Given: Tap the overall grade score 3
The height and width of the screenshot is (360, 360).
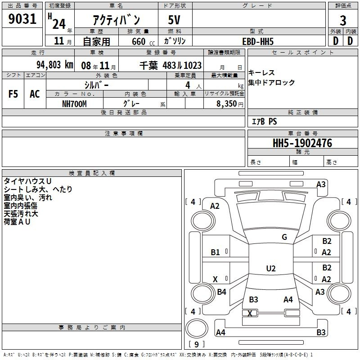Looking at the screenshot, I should click(343, 20).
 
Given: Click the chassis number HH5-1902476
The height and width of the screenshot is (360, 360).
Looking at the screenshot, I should click(302, 144).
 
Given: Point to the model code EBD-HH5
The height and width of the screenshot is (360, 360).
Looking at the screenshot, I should click(258, 41).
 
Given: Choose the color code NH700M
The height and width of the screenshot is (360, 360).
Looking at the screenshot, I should click(74, 103).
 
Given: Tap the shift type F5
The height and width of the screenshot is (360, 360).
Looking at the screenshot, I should click(13, 94).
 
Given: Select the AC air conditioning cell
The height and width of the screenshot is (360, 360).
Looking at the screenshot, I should click(35, 94).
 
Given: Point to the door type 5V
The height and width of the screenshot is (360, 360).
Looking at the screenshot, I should click(175, 20).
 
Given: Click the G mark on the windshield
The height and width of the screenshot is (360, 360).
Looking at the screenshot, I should click(284, 237).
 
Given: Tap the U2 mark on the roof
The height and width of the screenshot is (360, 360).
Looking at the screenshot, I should click(270, 269).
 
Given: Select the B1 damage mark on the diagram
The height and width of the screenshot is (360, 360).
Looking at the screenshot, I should click(216, 252).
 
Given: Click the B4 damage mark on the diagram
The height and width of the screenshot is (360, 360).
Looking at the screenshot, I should click(221, 292).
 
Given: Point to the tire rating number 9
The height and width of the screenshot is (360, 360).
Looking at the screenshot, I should click(196, 345).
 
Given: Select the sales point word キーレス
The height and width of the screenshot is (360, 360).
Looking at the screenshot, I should click(261, 73).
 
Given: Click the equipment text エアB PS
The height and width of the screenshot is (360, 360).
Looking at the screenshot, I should click(264, 121).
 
